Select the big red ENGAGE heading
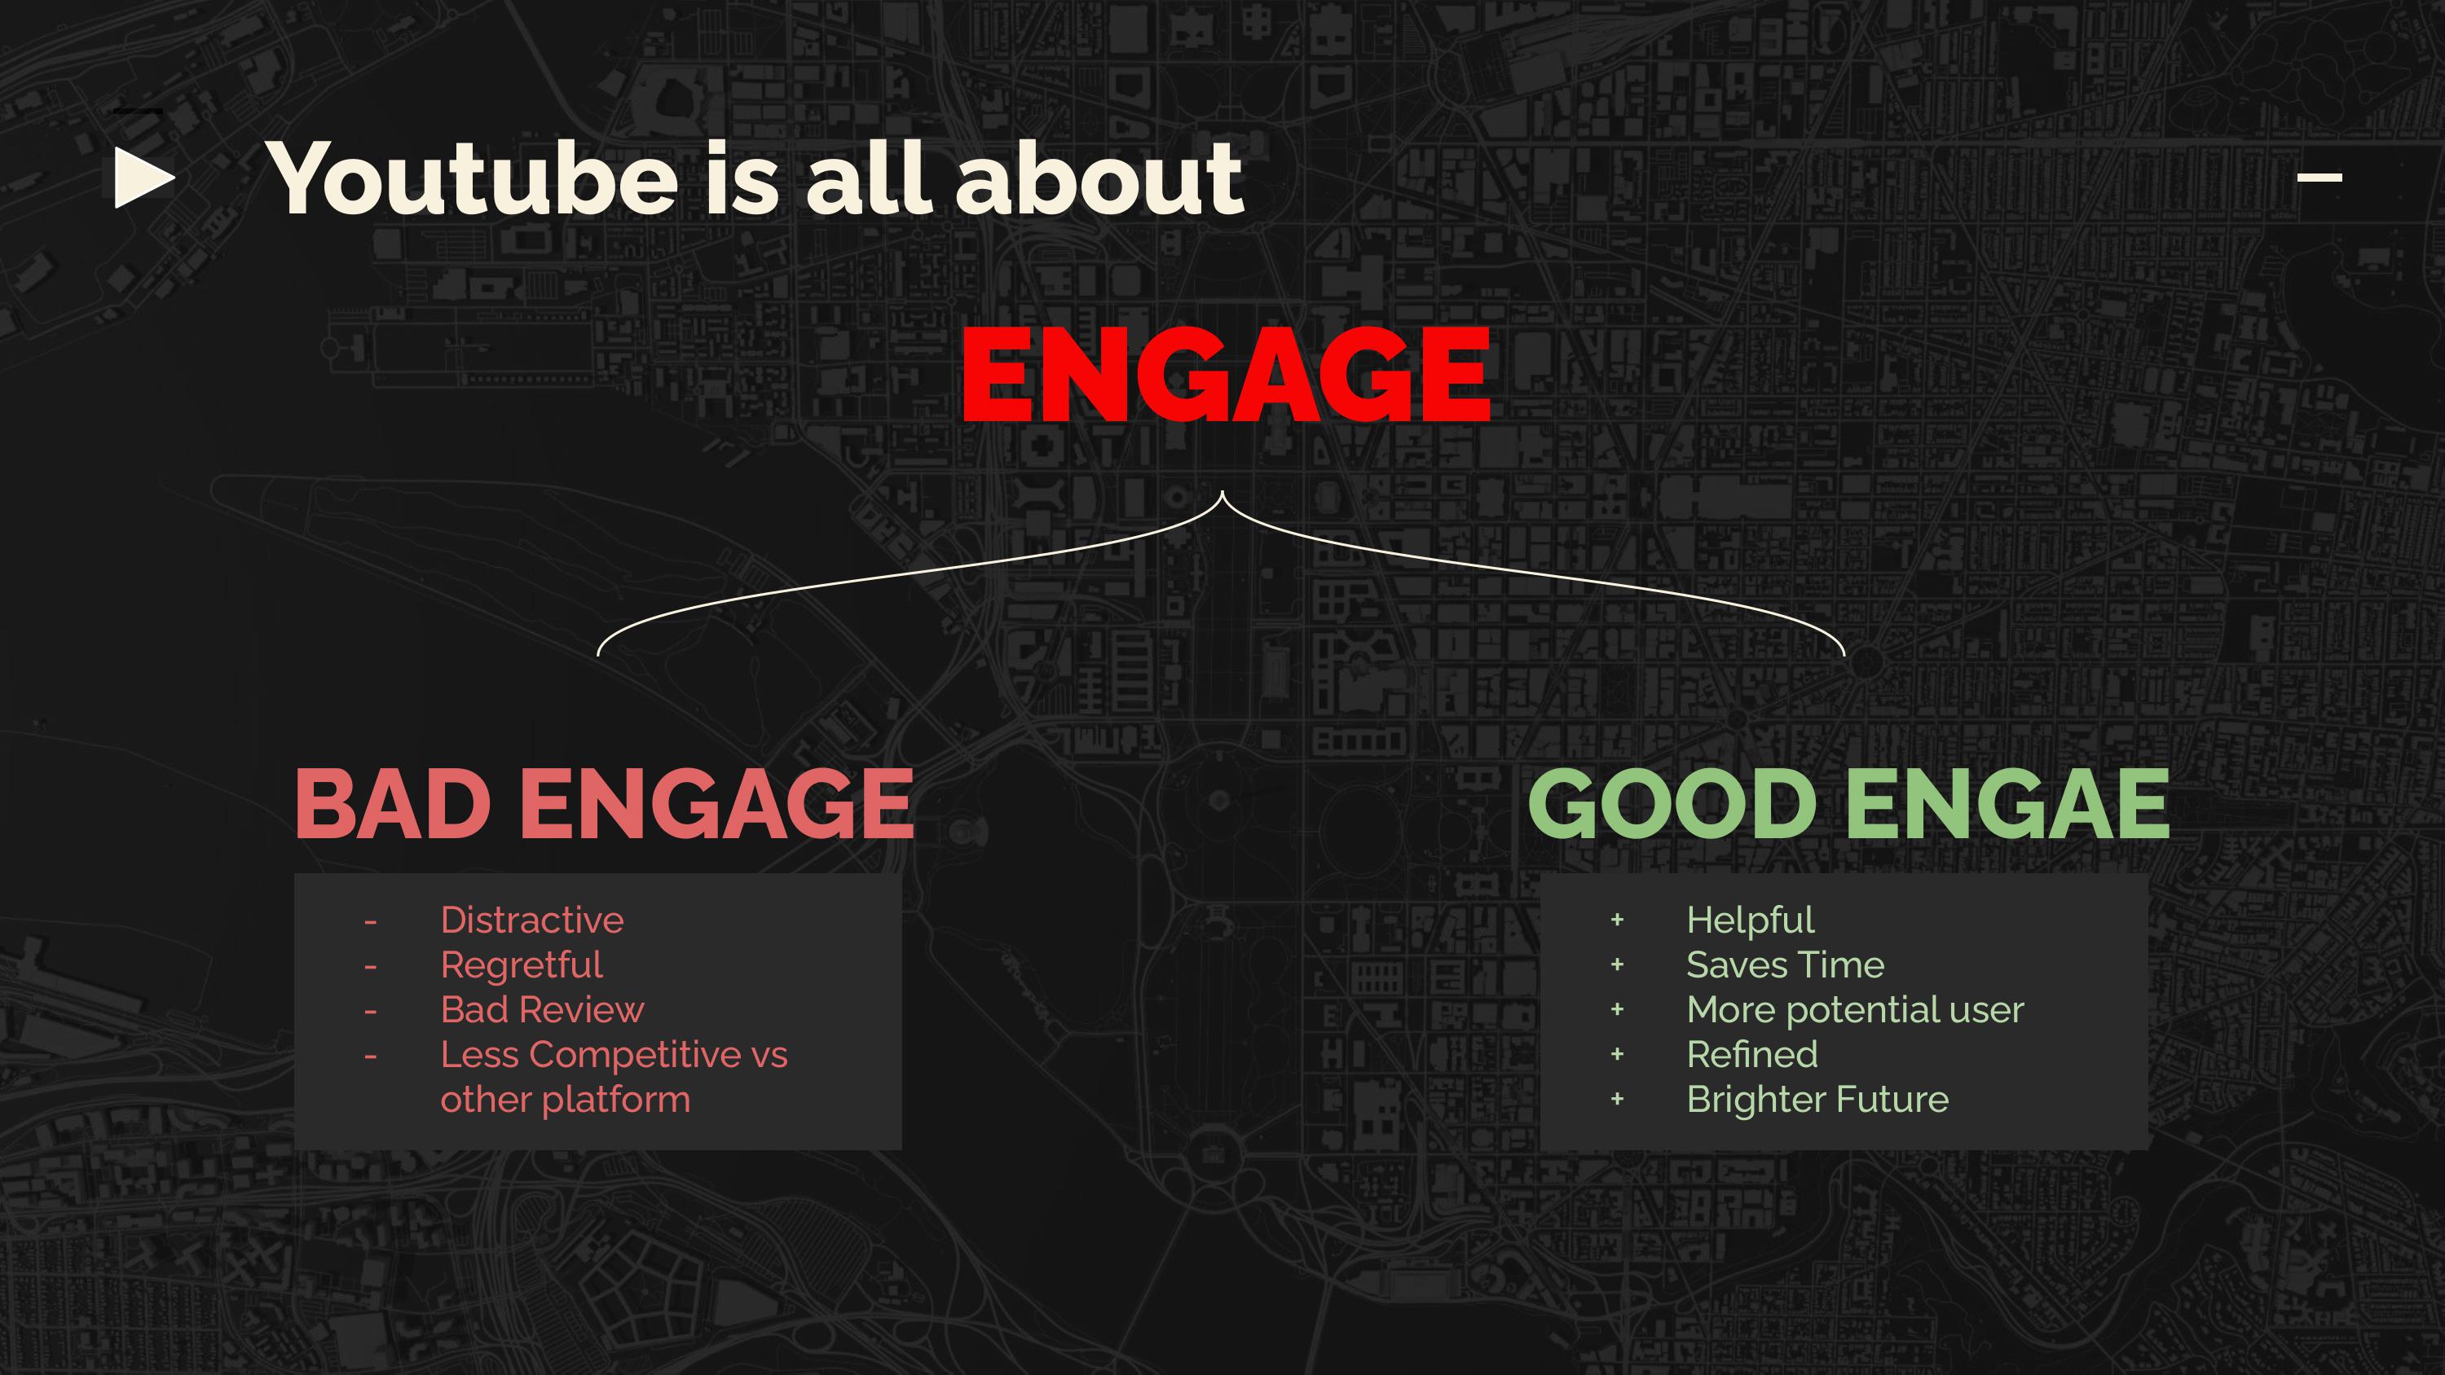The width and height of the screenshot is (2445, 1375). (1225, 374)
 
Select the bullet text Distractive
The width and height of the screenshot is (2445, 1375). (531, 920)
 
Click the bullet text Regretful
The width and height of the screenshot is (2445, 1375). (521, 966)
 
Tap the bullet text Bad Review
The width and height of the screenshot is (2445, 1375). (542, 1009)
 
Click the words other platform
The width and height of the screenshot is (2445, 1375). (565, 1100)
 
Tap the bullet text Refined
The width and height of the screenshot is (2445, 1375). (1752, 1054)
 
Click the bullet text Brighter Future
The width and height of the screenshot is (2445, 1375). (1817, 1100)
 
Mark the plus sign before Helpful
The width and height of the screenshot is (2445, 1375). (1617, 920)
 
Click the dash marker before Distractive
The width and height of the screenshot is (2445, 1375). (370, 921)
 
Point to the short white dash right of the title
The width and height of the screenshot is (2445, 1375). (2319, 177)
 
